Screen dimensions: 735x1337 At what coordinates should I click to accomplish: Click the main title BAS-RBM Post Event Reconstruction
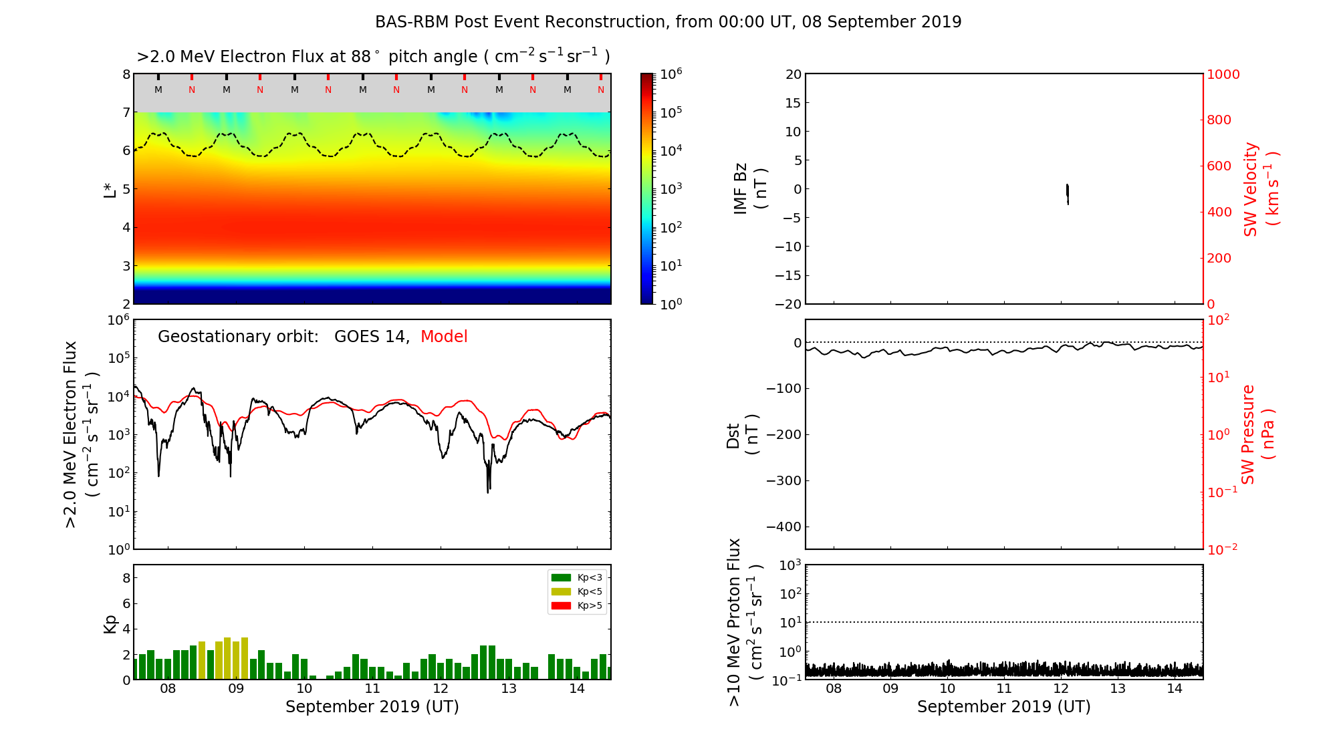coord(668,22)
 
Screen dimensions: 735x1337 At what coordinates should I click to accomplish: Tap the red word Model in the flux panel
coord(444,337)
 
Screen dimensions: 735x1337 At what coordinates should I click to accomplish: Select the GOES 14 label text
coord(371,337)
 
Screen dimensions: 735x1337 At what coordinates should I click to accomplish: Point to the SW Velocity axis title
coord(1261,189)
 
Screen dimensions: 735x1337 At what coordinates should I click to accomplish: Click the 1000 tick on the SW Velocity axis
coord(1223,74)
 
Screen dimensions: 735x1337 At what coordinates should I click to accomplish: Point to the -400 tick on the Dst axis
coord(786,527)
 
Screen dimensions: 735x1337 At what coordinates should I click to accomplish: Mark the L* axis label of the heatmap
coord(110,189)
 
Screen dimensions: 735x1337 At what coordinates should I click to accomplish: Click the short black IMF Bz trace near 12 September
coord(1068,193)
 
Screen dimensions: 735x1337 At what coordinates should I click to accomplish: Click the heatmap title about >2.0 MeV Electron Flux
coord(373,57)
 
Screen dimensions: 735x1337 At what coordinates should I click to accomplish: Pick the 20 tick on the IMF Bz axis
coord(794,74)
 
